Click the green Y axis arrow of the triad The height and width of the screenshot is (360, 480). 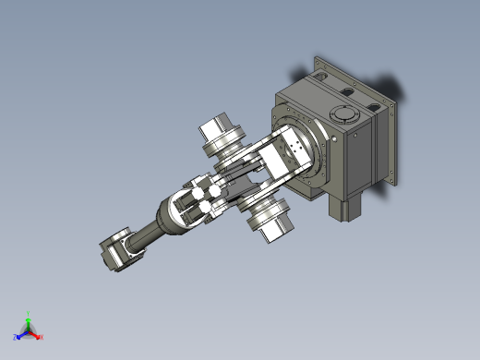click(29, 317)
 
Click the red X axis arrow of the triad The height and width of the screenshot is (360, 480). click(39, 337)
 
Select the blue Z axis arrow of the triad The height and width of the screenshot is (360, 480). click(18, 335)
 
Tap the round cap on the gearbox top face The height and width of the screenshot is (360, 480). click(343, 115)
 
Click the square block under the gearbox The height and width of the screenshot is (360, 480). click(347, 208)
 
